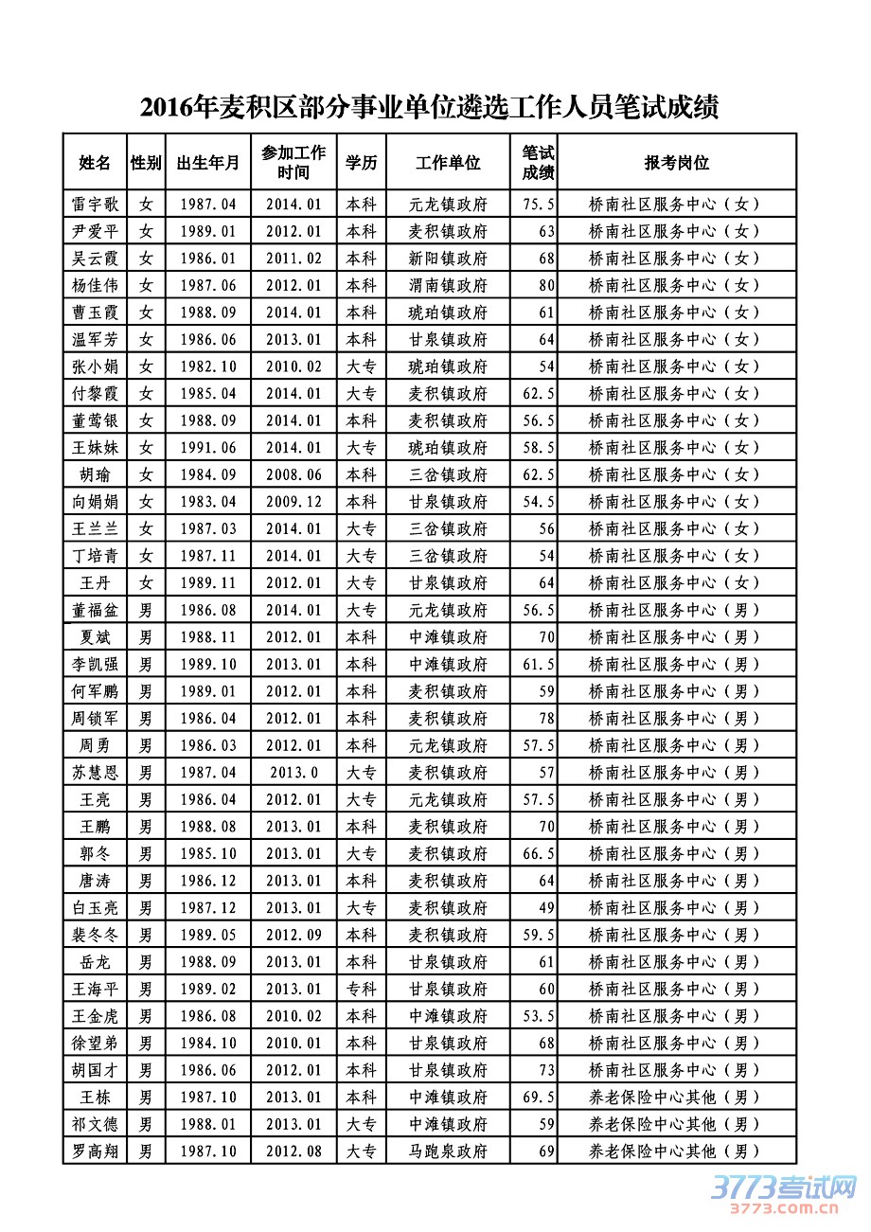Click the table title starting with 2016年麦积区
click(430, 108)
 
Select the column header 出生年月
click(208, 163)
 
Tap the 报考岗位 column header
click(677, 163)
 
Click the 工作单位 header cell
click(448, 163)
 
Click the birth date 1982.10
click(208, 366)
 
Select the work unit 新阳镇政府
click(448, 258)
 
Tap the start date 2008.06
click(293, 474)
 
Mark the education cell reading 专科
click(361, 989)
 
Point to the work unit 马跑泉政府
click(448, 1152)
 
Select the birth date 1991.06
click(208, 447)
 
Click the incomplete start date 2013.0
click(293, 772)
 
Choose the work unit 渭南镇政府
click(448, 285)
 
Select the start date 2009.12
click(293, 501)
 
